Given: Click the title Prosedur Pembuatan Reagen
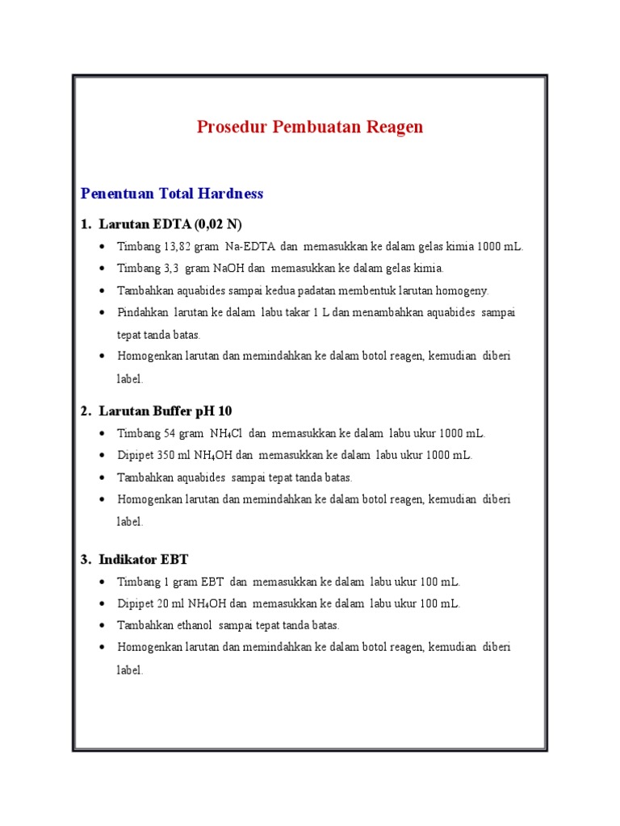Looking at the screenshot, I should pos(310,127).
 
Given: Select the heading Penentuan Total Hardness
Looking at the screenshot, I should pos(172,194).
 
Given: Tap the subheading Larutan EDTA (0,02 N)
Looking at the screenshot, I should pos(170,223).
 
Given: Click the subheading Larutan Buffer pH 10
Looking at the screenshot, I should pos(165,411).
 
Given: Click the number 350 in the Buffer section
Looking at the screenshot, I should pos(161,455).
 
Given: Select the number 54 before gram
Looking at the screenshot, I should pos(170,433).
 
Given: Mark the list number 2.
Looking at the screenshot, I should pos(85,411).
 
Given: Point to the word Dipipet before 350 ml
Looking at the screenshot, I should pos(134,455).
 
